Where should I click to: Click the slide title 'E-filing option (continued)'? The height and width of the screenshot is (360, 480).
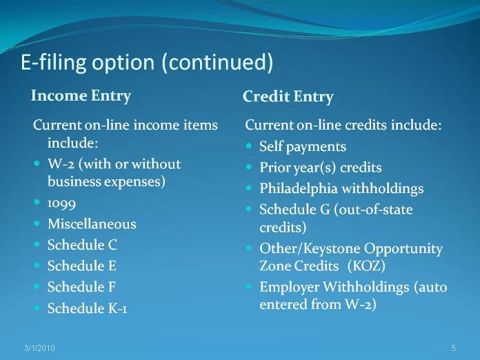pos(147,63)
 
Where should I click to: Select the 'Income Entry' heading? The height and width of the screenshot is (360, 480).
pos(81,96)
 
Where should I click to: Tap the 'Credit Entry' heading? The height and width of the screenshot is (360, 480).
pos(288,97)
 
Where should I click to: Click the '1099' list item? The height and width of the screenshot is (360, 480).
pos(61,203)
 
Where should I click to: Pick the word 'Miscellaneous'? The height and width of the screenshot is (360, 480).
pos(92,223)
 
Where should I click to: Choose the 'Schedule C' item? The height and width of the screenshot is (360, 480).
pos(82,245)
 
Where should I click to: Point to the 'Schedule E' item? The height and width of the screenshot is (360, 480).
pos(82,266)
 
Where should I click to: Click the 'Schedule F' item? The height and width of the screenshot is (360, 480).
pos(81,287)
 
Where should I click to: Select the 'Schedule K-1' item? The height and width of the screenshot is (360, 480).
pos(88,308)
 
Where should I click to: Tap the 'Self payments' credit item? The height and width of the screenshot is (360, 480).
pos(303,146)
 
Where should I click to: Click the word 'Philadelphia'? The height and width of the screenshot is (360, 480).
pos(299,188)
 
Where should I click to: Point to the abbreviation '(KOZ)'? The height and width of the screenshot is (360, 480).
pos(366,266)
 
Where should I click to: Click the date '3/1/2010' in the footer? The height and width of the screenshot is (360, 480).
pos(40,348)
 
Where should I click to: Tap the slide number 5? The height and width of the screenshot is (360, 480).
pos(454,348)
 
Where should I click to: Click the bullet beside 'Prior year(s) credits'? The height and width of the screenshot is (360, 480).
pos(248,167)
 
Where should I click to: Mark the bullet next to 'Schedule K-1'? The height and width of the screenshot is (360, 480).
pos(37,308)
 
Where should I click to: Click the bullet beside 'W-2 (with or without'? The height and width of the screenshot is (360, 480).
pos(37,163)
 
